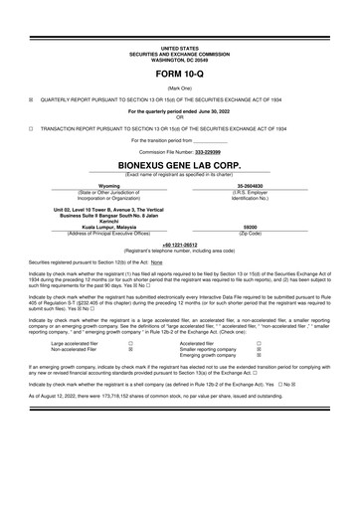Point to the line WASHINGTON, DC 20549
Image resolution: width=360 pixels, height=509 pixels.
click(180, 58)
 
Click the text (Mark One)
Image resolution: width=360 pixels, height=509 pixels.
click(180, 87)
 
